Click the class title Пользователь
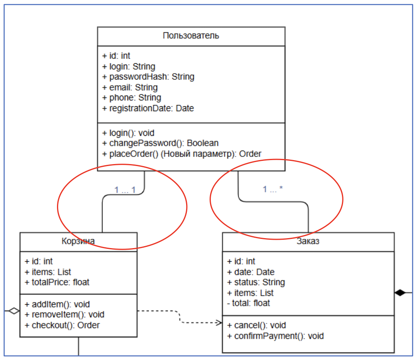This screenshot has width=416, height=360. (x=191, y=36)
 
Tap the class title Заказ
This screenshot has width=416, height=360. (x=308, y=241)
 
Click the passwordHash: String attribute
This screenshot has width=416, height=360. (x=148, y=77)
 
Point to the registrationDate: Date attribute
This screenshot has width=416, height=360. (x=148, y=108)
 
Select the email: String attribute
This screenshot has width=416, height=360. (x=130, y=87)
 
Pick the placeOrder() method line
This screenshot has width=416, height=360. (x=182, y=154)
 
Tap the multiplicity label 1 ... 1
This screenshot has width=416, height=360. (x=125, y=190)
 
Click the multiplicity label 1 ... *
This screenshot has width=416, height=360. (x=273, y=190)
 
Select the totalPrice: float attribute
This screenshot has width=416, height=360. (x=57, y=282)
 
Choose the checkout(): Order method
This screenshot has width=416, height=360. (x=62, y=325)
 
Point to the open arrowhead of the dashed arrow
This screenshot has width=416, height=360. (x=219, y=322)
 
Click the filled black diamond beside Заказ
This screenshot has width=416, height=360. (x=400, y=293)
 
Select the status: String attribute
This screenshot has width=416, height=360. (x=256, y=282)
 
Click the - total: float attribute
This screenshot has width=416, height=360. (x=248, y=303)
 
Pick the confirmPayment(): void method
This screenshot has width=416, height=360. (x=275, y=336)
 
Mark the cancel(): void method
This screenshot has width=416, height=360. (x=256, y=325)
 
